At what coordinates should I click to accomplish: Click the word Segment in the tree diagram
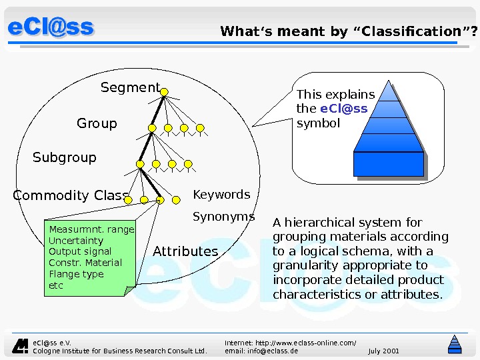(130, 88)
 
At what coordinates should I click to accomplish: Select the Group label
(97, 123)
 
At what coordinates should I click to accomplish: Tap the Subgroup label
(65, 158)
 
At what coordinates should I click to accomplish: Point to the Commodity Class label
(71, 196)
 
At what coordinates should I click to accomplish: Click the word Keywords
(221, 195)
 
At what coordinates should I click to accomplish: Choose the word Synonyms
(223, 217)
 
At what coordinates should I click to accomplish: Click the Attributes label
(185, 251)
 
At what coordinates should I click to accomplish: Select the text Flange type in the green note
(77, 274)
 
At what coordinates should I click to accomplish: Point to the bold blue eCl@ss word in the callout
(344, 109)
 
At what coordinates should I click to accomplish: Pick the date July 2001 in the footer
(383, 351)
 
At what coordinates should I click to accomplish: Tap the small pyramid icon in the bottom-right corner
(455, 343)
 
